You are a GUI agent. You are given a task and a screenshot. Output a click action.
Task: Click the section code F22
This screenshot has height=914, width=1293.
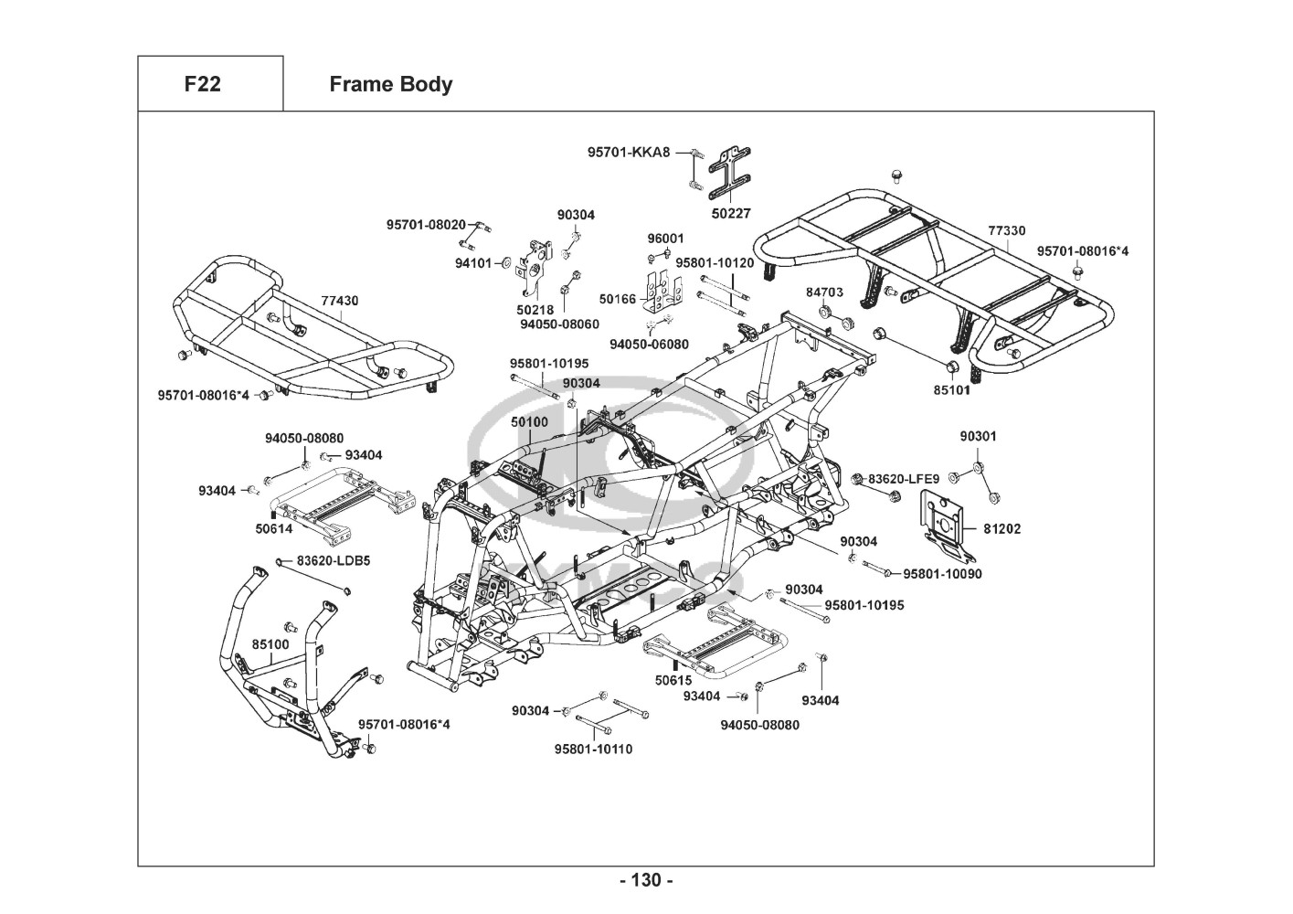coord(202,84)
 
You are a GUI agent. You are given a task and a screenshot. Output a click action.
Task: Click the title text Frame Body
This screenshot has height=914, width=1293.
coord(390,84)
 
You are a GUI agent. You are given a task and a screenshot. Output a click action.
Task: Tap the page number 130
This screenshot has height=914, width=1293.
coord(646,880)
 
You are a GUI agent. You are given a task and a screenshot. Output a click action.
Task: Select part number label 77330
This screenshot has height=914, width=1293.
coord(1006,231)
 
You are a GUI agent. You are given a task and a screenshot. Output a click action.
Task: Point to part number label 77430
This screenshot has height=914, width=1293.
coord(339,300)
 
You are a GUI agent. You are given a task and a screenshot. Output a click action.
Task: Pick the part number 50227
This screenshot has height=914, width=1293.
coord(731,213)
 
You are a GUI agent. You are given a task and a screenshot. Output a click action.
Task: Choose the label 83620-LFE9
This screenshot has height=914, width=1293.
coord(903,478)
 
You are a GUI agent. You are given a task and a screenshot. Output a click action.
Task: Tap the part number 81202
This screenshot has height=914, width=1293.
coord(1002,528)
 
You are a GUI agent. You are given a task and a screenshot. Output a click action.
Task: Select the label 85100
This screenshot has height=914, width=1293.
coord(270,644)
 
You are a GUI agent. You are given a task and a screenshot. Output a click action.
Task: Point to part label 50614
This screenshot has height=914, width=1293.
coord(273,528)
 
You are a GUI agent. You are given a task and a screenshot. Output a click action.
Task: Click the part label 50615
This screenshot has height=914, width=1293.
coord(673,680)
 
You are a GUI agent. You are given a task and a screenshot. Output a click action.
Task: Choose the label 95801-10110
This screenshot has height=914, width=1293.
coord(593,749)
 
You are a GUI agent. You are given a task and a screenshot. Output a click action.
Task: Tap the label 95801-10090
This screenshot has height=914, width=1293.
coord(942,574)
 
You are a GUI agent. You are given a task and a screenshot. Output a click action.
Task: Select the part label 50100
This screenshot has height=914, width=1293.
coord(529,422)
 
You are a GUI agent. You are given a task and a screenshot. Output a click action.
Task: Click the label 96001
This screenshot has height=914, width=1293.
coord(665,239)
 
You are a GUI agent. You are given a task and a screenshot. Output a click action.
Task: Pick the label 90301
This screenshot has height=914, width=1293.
coord(978,436)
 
